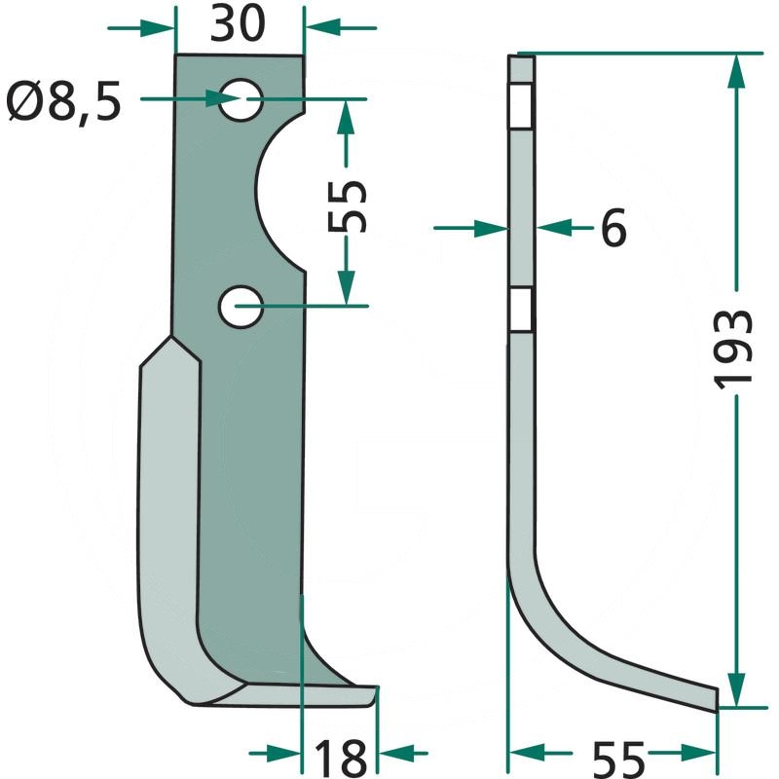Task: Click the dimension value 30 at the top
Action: [238, 25]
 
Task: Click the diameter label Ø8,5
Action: [63, 100]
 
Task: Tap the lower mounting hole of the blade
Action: [239, 307]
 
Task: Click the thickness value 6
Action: [612, 229]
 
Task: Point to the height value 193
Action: [735, 350]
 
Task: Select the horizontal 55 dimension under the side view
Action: [617, 755]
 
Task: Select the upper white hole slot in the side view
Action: [522, 107]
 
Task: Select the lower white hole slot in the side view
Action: [522, 311]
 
